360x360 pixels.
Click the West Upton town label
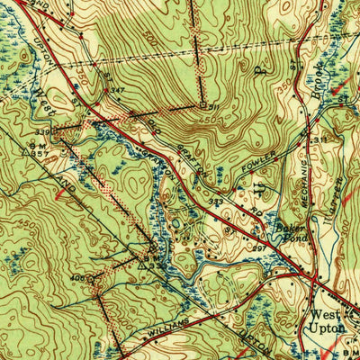327,321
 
